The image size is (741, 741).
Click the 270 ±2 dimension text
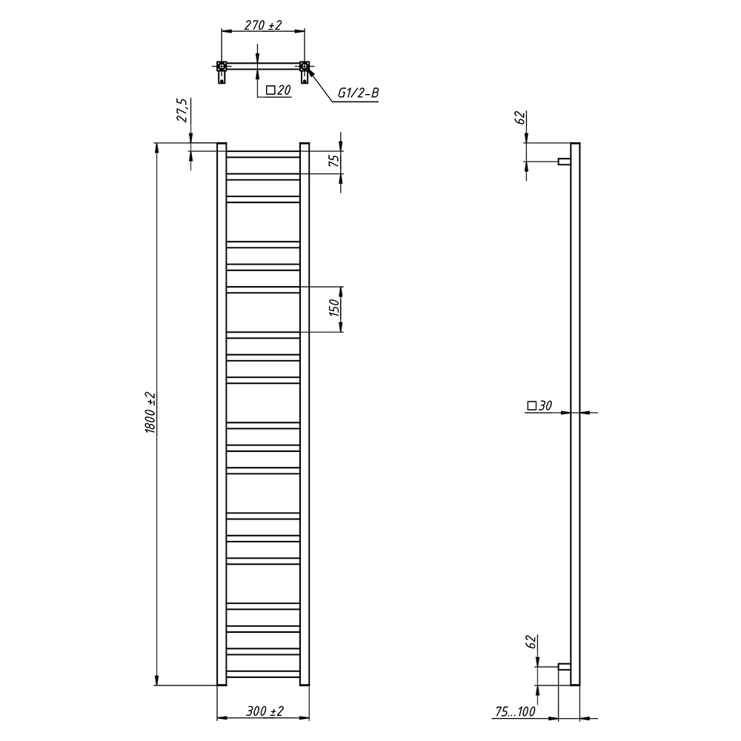[x=263, y=25]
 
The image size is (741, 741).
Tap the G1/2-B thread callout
[x=358, y=93]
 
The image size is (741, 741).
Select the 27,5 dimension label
[x=182, y=110]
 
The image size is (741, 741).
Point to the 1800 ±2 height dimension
[x=150, y=413]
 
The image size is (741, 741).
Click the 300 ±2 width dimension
[x=265, y=711]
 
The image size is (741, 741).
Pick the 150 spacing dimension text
[x=334, y=308]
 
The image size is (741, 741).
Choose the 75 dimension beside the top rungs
[x=334, y=161]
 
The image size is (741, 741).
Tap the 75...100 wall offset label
[x=516, y=711]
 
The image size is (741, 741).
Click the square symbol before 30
[x=531, y=405]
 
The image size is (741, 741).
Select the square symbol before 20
[x=270, y=90]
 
